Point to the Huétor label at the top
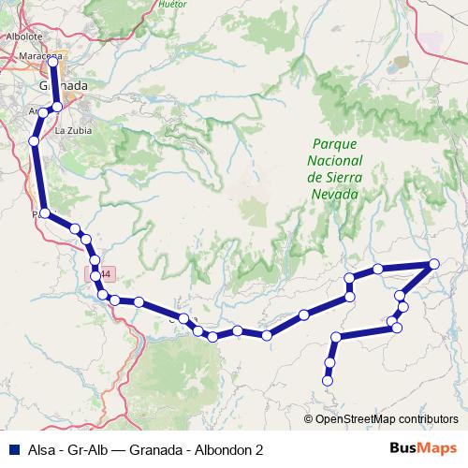[x=173, y=4]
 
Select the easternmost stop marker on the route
[x=435, y=265]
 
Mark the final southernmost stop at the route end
[x=328, y=380]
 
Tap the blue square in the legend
[x=12, y=449]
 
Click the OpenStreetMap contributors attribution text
[x=387, y=418]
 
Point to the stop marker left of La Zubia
[x=34, y=141]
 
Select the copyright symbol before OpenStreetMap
[x=310, y=418]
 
